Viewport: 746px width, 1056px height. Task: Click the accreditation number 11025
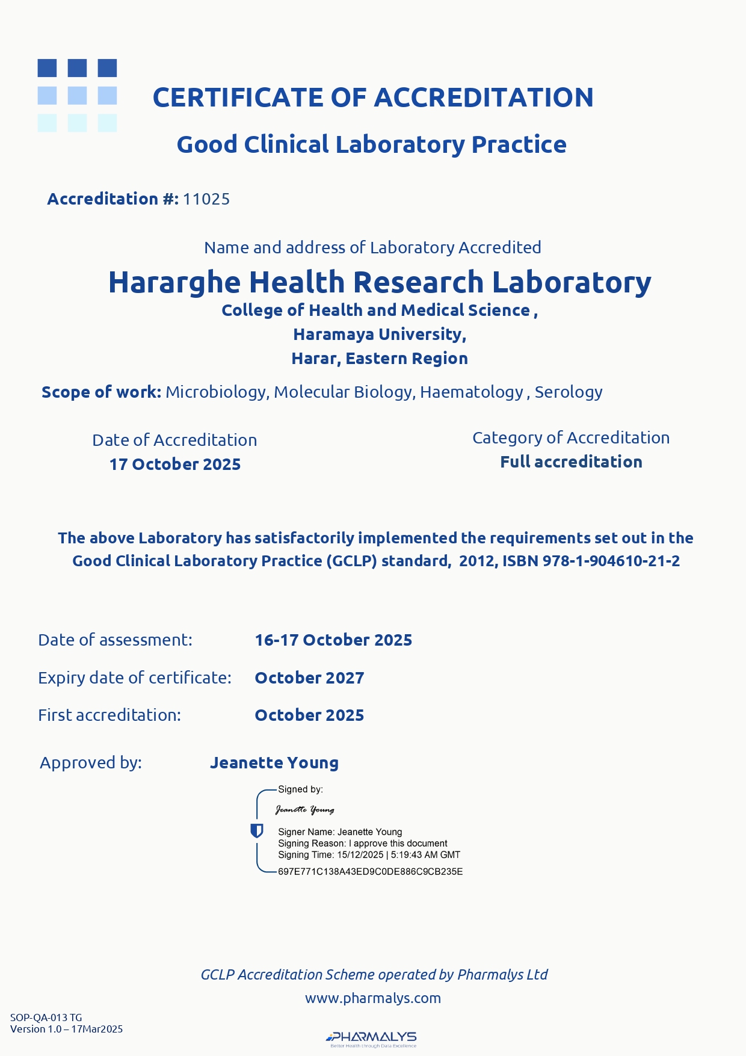pos(206,199)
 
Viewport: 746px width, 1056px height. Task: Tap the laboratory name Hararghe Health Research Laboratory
pos(379,282)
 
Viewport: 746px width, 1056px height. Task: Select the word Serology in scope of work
pos(569,392)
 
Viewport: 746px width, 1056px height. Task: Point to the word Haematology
pos(472,392)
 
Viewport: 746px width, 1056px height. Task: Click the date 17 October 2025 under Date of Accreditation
pos(175,465)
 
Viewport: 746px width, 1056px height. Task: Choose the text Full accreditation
pos(571,462)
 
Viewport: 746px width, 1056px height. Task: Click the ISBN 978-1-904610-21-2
pos(611,561)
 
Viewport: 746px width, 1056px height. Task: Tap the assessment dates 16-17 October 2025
pos(333,640)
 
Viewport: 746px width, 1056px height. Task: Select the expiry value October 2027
pos(309,678)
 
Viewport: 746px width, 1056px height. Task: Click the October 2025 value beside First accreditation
pos(309,715)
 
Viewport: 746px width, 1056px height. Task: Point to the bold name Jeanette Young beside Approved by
pos(274,763)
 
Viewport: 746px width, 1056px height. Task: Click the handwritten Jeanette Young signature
pos(305,810)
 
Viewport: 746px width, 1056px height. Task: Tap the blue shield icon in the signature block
pos(257,831)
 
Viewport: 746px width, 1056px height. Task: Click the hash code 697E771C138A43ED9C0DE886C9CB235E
pos(370,872)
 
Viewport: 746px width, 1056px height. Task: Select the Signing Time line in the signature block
pos(369,855)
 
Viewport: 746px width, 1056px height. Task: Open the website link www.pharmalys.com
pos(373,998)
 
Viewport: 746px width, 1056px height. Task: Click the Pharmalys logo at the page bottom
pos(372,1038)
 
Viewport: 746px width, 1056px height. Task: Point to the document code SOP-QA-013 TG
pos(46,1017)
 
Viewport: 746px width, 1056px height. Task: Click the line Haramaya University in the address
pos(380,335)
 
